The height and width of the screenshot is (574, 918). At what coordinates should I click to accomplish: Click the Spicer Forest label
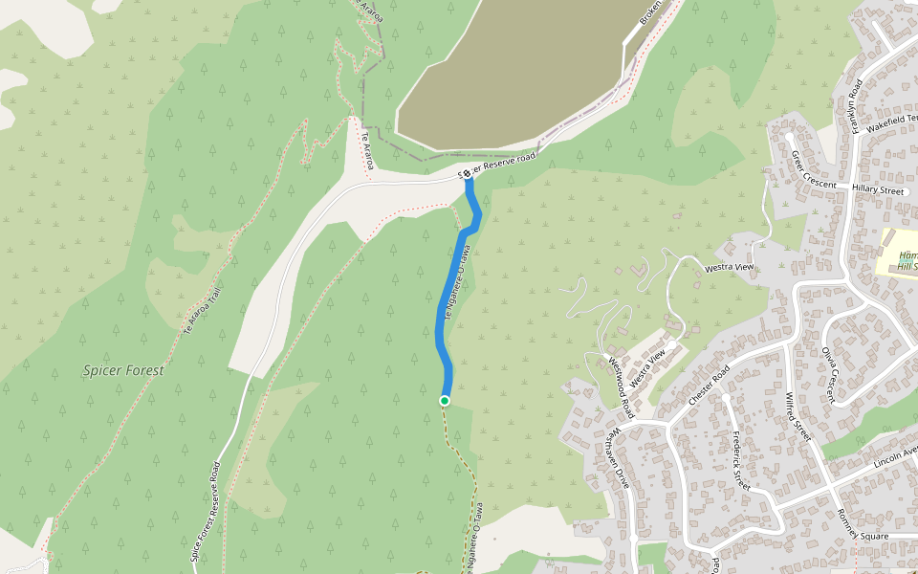pyautogui.click(x=123, y=370)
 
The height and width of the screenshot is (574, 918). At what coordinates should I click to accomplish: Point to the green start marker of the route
pyautogui.click(x=445, y=400)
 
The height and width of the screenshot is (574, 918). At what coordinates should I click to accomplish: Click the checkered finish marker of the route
pyautogui.click(x=468, y=176)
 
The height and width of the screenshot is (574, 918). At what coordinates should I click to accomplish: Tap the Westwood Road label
pyautogui.click(x=621, y=386)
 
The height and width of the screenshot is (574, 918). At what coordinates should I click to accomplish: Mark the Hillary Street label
pyautogui.click(x=878, y=191)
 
